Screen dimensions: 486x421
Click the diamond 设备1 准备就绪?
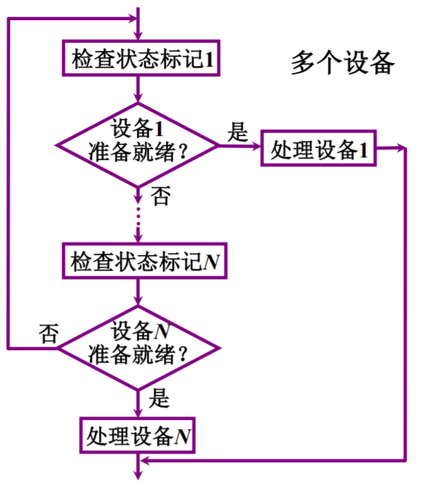tap(137, 145)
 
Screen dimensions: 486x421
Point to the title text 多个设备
tap(342, 64)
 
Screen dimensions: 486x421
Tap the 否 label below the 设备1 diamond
tap(160, 198)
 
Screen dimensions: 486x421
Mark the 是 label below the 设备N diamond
tap(161, 398)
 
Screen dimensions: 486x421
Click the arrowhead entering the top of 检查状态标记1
tap(138, 37)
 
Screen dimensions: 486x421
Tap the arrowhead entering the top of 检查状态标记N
tap(138, 239)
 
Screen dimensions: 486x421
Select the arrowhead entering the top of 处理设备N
tap(138, 413)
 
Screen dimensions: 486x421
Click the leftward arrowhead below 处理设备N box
tap(144, 461)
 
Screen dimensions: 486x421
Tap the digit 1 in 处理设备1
tap(363, 150)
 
